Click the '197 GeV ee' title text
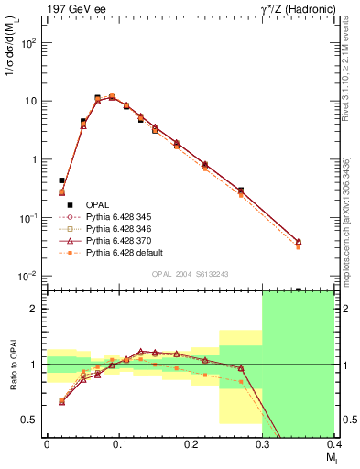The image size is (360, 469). [x=71, y=8]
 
